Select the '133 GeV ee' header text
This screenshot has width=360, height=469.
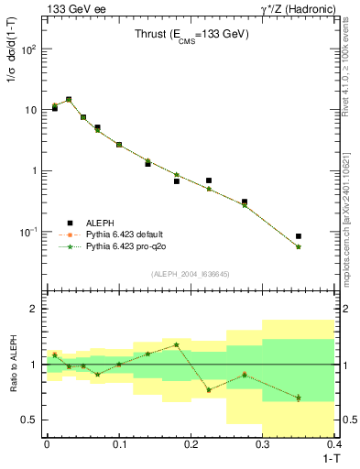pos(75,9)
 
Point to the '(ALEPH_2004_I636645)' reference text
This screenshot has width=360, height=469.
pos(191,274)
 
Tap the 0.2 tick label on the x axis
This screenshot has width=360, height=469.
pos(191,444)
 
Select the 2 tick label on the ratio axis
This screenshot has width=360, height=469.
pos(35,309)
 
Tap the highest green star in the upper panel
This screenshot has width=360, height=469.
pos(69,100)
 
